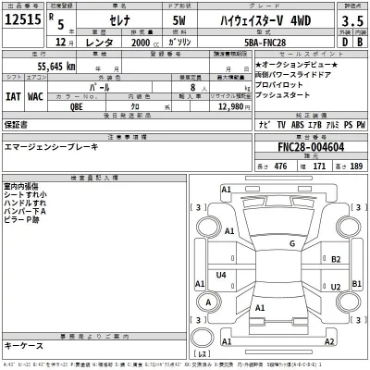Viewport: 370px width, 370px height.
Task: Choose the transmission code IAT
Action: pos(13,93)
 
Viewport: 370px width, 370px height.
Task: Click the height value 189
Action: pos(352,166)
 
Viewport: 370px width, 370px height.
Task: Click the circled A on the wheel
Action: pos(209,302)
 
